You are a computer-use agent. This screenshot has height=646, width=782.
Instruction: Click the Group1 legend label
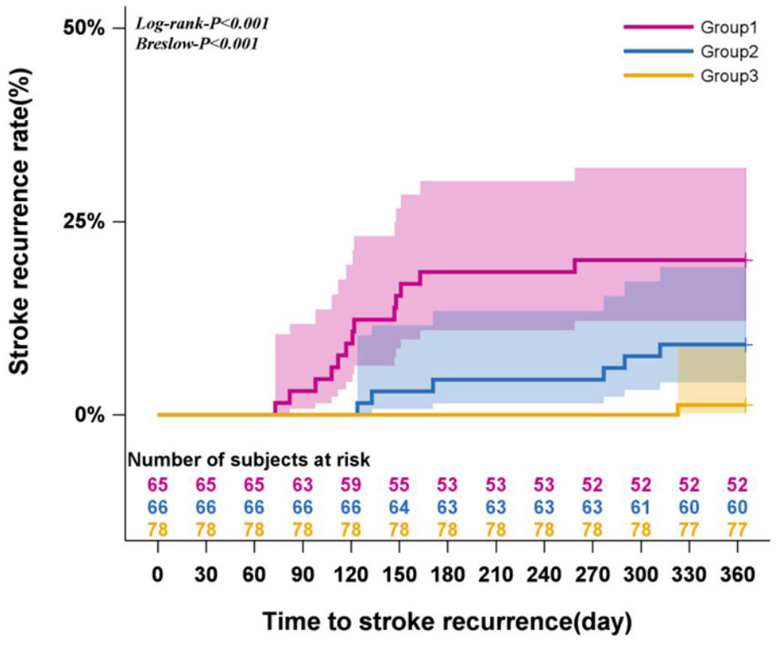[x=724, y=27]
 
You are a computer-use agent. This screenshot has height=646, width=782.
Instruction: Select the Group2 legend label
[x=724, y=51]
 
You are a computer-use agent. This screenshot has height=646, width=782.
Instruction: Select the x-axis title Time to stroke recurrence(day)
[x=448, y=620]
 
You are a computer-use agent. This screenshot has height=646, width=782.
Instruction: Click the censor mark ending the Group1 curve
[x=746, y=260]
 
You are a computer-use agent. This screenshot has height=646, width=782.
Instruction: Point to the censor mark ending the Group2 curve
[x=746, y=344]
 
